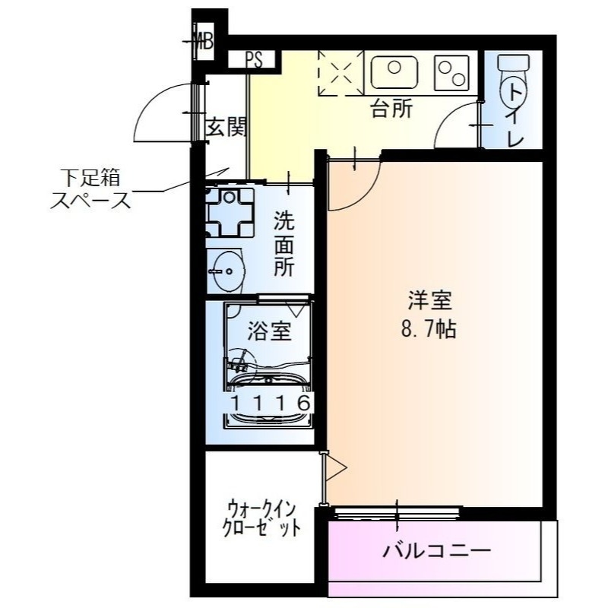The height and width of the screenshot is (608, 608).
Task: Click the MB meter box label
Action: pyautogui.click(x=204, y=43)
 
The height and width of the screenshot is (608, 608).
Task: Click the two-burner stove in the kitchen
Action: pyautogui.click(x=453, y=71)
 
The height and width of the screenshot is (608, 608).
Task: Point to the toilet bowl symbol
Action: pyautogui.click(x=514, y=91)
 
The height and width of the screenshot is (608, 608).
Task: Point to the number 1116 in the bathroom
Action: pyautogui.click(x=270, y=404)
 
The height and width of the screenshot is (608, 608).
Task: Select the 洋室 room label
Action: pyautogui.click(x=429, y=302)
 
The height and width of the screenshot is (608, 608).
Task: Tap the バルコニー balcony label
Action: pyautogui.click(x=436, y=549)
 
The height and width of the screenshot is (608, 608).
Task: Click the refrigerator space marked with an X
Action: pyautogui.click(x=335, y=71)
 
